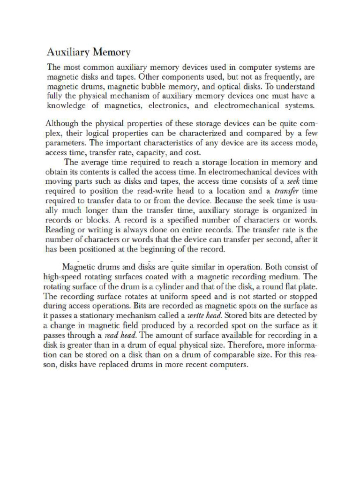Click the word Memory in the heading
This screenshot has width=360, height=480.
111,51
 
